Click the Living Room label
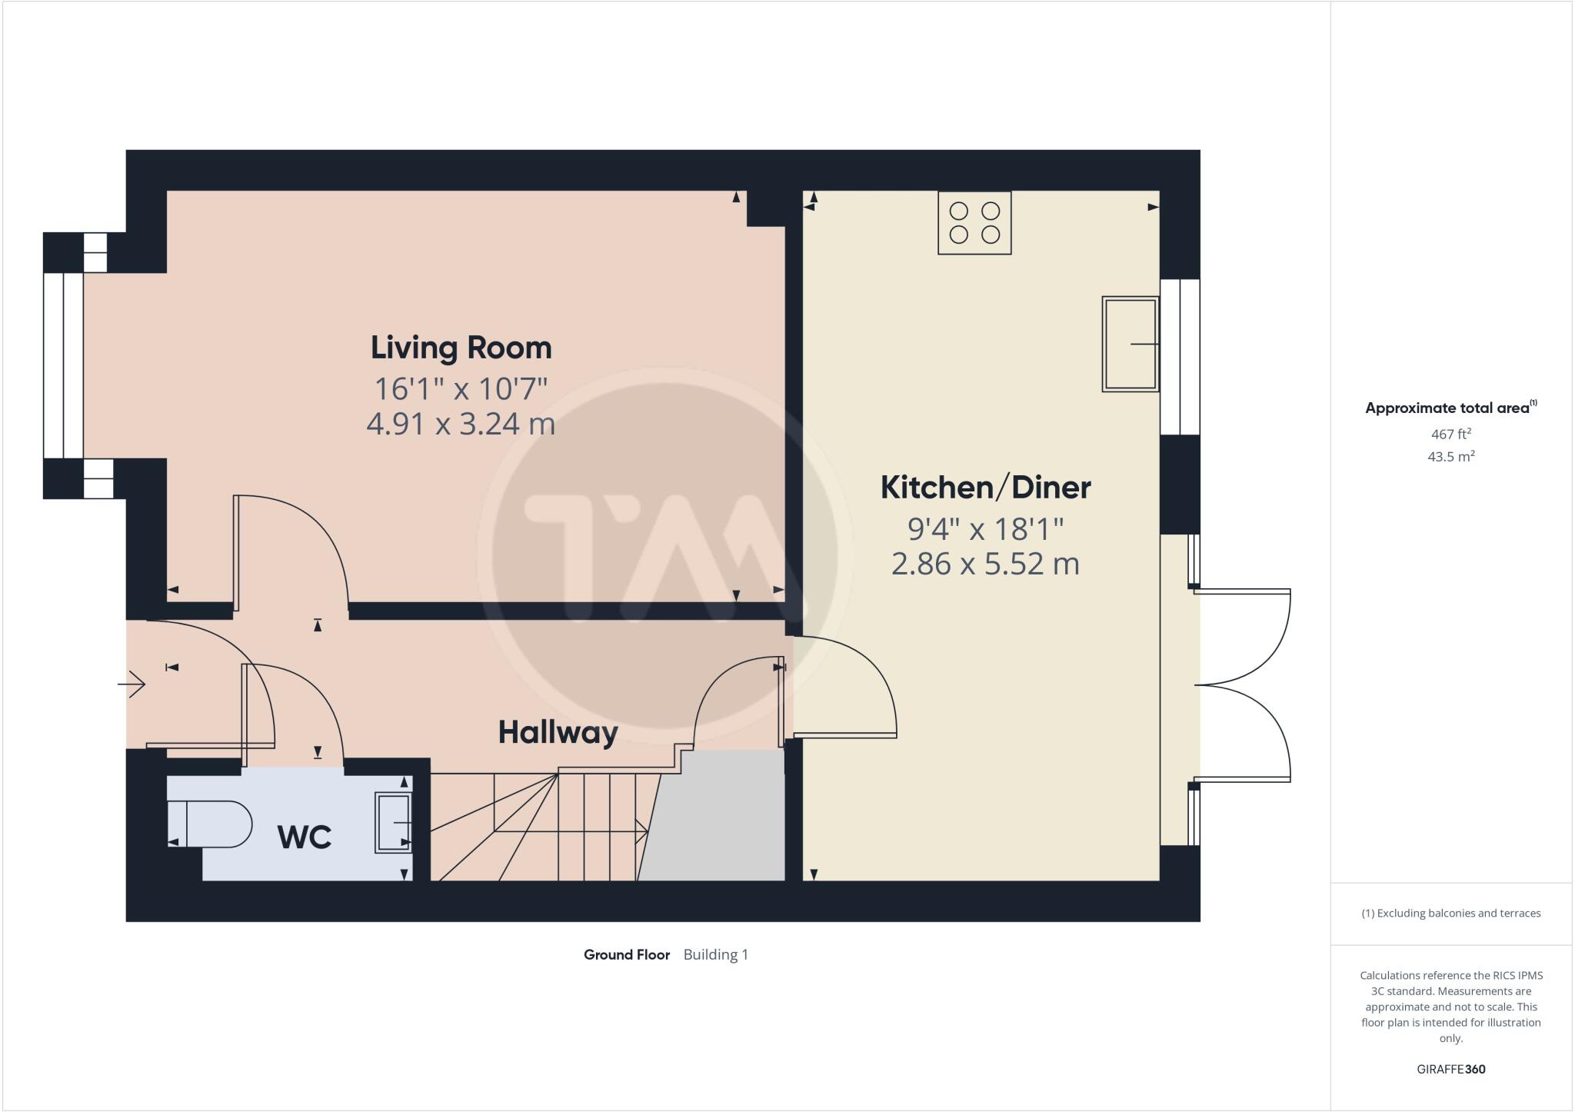coord(461,348)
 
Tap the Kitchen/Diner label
coord(985,488)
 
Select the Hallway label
coord(558,732)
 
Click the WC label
coord(305,837)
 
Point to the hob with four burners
coord(974,222)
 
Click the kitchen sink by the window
coord(1130,344)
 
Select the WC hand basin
coord(393,823)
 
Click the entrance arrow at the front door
coord(132,683)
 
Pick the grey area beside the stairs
coord(715,819)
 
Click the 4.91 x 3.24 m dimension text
coord(461,424)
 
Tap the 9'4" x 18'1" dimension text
coord(985,528)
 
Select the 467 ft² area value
coord(1450,434)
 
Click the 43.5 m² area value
coord(1450,457)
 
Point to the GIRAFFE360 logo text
coord(1450,1069)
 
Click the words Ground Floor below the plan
coord(627,954)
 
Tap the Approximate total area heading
coord(1447,408)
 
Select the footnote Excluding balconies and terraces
coord(1450,914)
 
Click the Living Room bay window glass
coord(63,365)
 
